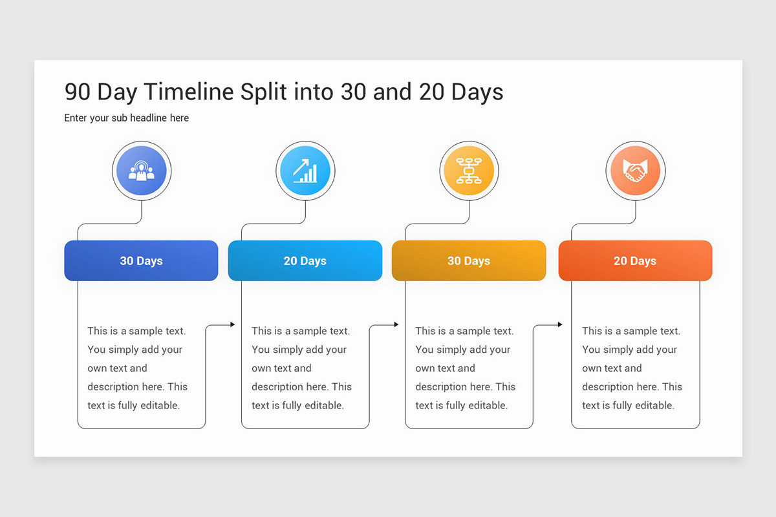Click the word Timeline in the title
[189, 92]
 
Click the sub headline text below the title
[127, 118]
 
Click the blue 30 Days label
[142, 260]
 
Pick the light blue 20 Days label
[305, 260]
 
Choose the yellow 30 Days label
[469, 260]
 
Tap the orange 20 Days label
[635, 260]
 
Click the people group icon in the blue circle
[142, 171]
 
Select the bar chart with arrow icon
[305, 171]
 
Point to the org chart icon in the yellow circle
[469, 171]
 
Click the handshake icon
[635, 171]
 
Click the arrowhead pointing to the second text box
[233, 324]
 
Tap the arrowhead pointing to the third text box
[396, 324]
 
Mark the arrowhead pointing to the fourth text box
[560, 324]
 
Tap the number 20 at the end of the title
[432, 92]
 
